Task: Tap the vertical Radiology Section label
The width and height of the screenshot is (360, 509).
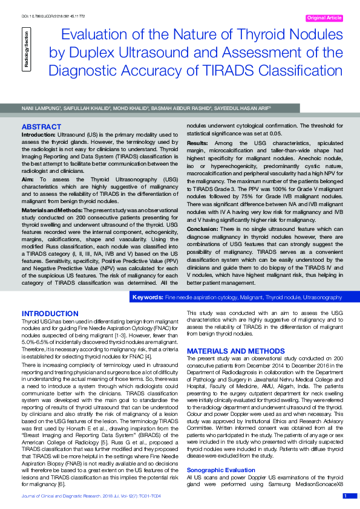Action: click(x=25, y=50)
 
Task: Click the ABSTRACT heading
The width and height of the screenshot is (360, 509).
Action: click(x=41, y=126)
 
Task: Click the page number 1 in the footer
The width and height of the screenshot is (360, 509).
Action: click(x=345, y=496)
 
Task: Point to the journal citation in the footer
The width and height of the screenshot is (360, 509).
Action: click(x=91, y=496)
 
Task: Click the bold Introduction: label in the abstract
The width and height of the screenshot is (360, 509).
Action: click(x=40, y=134)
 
